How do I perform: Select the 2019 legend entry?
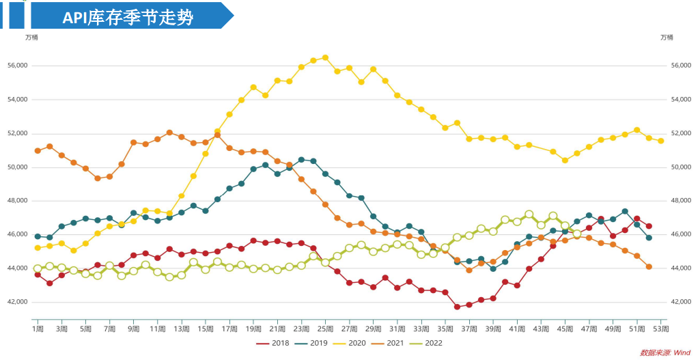tap(313, 344)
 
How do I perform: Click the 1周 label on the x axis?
tap(38, 329)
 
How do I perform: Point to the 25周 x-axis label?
tap(325, 329)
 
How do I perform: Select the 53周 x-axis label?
tap(661, 329)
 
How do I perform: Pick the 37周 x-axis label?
tap(469, 329)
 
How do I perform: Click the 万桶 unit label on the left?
tap(31, 37)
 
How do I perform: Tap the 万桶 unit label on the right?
tap(667, 37)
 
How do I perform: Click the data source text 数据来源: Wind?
tap(665, 352)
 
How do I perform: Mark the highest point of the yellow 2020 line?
tap(325, 57)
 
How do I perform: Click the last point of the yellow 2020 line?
tap(661, 141)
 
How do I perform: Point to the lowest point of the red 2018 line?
tap(457, 307)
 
